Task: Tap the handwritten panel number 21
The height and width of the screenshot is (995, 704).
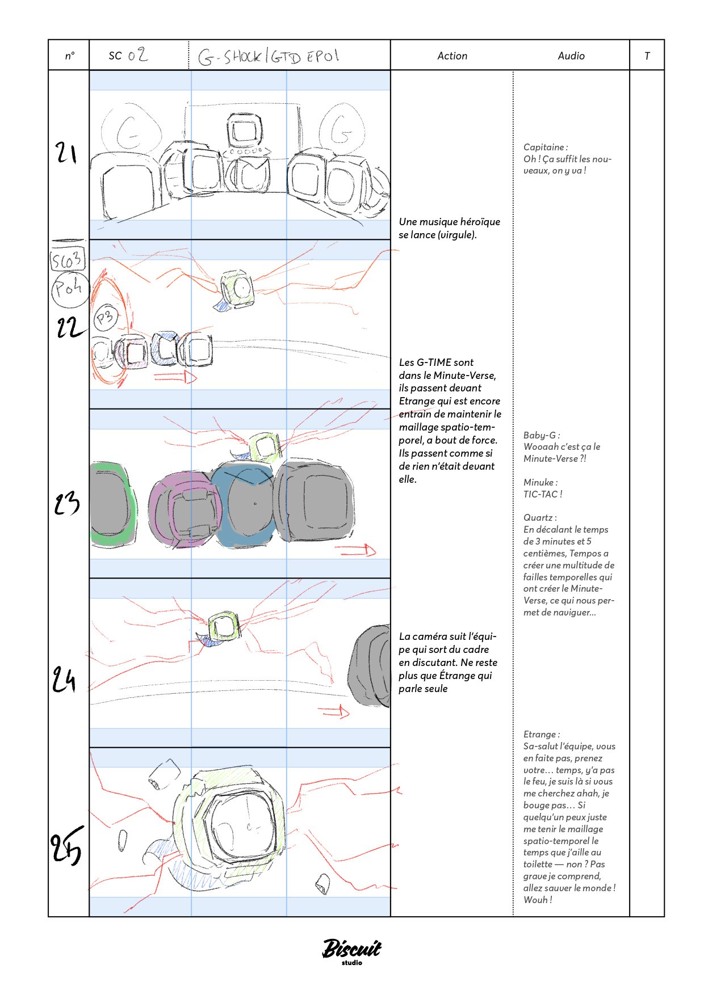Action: pyautogui.click(x=66, y=153)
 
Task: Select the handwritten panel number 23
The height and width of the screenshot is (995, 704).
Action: pyautogui.click(x=66, y=503)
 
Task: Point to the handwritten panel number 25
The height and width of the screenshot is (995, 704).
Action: pyautogui.click(x=66, y=845)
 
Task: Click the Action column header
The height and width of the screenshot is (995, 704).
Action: pyautogui.click(x=452, y=56)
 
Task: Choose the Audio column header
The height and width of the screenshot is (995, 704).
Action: pyautogui.click(x=571, y=56)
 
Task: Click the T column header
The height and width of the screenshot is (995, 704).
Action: pyautogui.click(x=647, y=56)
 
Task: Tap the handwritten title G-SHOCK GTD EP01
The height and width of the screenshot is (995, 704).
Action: pyautogui.click(x=269, y=57)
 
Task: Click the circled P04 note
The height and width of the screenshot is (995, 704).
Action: pyautogui.click(x=69, y=289)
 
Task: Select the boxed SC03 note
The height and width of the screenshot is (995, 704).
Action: pyautogui.click(x=68, y=260)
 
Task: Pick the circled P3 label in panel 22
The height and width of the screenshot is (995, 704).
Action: pyautogui.click(x=105, y=318)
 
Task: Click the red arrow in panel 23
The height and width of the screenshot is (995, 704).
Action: pyautogui.click(x=356, y=550)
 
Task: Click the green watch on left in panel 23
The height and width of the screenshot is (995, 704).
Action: pyautogui.click(x=112, y=504)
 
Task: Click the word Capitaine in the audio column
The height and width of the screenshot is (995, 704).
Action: pyautogui.click(x=544, y=147)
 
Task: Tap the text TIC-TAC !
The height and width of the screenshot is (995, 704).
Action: pyautogui.click(x=542, y=494)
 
